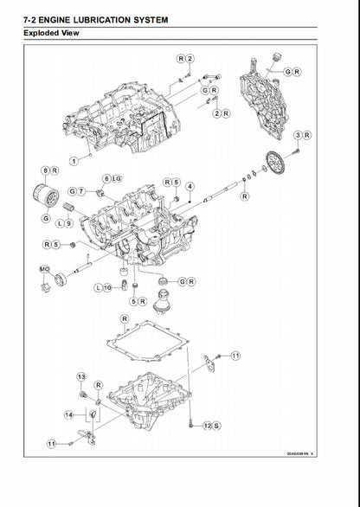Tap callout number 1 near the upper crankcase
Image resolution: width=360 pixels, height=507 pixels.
75,159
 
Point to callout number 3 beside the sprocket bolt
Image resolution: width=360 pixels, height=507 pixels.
297,135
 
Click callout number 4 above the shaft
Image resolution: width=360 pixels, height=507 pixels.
190,185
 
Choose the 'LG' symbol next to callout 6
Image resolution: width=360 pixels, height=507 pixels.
117,178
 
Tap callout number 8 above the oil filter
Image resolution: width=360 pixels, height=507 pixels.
45,171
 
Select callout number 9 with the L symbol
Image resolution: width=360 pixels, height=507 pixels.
68,222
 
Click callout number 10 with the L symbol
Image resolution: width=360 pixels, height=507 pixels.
107,286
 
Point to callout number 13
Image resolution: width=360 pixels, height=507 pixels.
81,377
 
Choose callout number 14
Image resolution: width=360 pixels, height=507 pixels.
67,415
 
